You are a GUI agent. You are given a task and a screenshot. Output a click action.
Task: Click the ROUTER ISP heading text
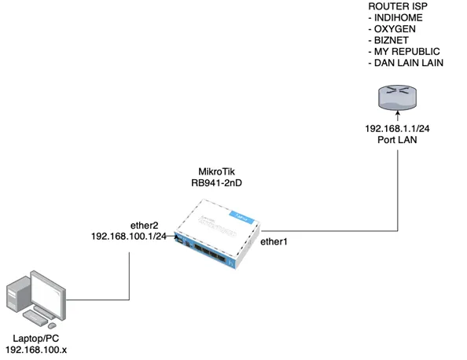pos(398,6)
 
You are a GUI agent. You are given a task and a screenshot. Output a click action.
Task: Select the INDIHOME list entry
pos(398,18)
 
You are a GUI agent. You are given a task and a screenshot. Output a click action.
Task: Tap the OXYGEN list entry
pos(395,29)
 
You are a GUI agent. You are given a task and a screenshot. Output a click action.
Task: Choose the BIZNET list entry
pos(392,41)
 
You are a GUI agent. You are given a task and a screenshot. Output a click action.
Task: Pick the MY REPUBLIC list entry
pos(406,52)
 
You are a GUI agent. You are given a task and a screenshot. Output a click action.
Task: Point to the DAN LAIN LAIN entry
pos(409,63)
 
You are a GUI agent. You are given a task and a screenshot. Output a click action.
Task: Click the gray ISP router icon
pos(397,98)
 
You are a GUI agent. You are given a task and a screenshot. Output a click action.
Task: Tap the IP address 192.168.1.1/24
pos(397,129)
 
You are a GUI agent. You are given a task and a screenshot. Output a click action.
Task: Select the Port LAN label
pos(397,140)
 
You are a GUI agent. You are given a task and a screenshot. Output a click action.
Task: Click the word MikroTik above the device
pos(216,171)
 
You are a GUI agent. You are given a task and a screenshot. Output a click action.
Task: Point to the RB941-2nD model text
pos(216,183)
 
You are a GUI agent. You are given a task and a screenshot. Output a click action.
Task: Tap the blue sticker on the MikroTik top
pos(241,218)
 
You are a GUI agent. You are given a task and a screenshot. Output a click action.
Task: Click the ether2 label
pos(145,226)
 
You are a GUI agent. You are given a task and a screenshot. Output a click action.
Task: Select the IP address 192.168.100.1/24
pos(129,237)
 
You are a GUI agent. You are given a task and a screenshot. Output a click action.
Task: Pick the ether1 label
pos(274,242)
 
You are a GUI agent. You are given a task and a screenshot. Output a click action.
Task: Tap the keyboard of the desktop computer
pos(35,318)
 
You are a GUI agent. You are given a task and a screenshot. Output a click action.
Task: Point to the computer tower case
pos(18,295)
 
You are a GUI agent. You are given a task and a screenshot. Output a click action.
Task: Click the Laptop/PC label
pos(36,339)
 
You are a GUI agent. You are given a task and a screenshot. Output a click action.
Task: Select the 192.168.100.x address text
pos(36,350)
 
